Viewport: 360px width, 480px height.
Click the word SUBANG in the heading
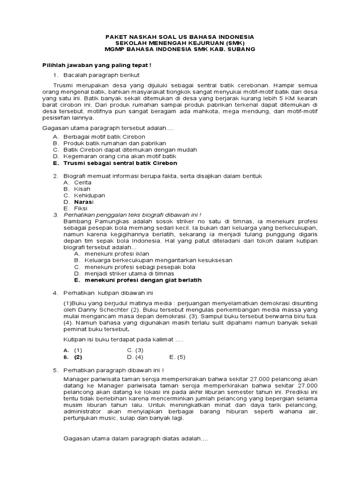241,49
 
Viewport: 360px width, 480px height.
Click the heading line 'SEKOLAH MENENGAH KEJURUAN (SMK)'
180,43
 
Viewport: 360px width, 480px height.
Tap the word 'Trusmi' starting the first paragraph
64,85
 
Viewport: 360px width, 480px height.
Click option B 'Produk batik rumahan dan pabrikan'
114,143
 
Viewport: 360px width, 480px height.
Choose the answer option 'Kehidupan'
90,195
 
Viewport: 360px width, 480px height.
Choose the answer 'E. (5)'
177,357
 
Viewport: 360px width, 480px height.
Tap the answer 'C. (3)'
135,350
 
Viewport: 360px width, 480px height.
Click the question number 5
54,370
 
